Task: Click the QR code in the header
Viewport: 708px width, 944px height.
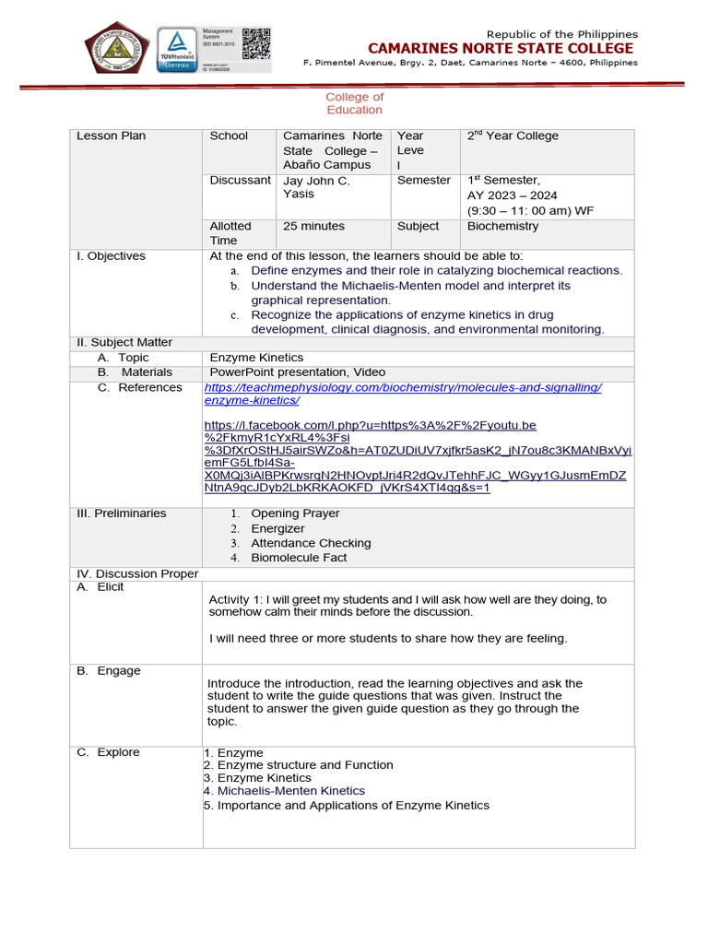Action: pyautogui.click(x=256, y=43)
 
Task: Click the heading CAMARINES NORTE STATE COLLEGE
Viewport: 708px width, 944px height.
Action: pyautogui.click(x=500, y=48)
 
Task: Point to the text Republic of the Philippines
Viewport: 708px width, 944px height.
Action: pyautogui.click(x=562, y=33)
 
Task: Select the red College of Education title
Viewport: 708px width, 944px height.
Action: pyautogui.click(x=354, y=103)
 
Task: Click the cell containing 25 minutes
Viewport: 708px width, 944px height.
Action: pyautogui.click(x=313, y=226)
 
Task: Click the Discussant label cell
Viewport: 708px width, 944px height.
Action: pyautogui.click(x=240, y=181)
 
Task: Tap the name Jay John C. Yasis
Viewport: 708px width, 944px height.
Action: pyautogui.click(x=316, y=187)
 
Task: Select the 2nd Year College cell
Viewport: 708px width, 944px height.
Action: pyautogui.click(x=513, y=136)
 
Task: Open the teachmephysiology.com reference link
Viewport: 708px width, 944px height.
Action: pyautogui.click(x=403, y=395)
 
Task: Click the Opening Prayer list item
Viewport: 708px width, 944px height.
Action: pyautogui.click(x=288, y=513)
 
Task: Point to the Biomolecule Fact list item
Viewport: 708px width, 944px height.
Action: pyautogui.click(x=299, y=558)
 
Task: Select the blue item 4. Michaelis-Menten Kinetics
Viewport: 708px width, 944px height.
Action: pyautogui.click(x=284, y=791)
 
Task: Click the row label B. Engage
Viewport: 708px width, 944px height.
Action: pyautogui.click(x=109, y=671)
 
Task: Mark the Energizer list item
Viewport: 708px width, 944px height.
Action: pyautogui.click(x=277, y=528)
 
